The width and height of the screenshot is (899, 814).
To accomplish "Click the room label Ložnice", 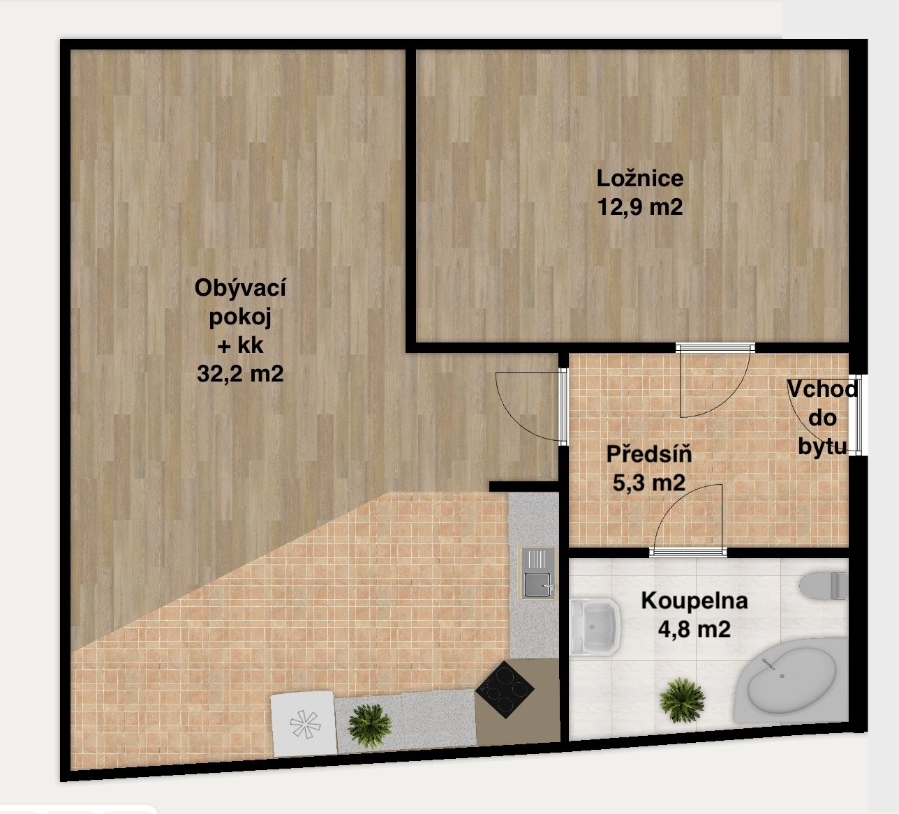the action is coord(640,179).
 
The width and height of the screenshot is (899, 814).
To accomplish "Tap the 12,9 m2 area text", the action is coord(640,207).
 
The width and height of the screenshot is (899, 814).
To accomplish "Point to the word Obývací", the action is coord(240,287).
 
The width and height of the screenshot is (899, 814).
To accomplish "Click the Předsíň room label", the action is coord(649,454).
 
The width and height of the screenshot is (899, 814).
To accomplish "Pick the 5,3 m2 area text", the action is coord(649,483).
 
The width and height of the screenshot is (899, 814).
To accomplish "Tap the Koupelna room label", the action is coord(694,601).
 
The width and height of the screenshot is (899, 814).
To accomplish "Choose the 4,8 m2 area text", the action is coord(694,629).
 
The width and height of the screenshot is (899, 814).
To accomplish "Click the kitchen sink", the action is coord(537,573).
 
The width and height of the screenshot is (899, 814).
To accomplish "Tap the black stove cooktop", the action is coord(505,689).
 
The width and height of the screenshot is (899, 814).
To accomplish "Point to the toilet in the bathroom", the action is coord(824,585).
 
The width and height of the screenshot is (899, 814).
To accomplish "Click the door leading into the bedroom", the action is coord(715,381).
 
